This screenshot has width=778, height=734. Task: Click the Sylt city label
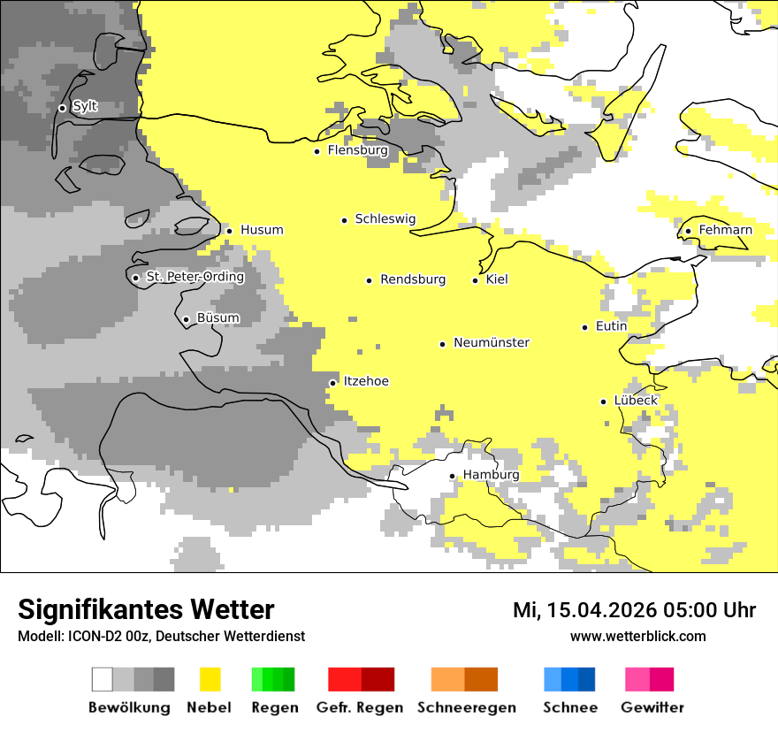[x=85, y=107]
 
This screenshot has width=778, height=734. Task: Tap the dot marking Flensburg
[x=317, y=151]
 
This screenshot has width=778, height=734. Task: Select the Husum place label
[x=262, y=230]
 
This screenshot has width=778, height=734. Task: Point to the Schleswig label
[x=385, y=219]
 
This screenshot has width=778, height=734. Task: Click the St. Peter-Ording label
[x=194, y=277]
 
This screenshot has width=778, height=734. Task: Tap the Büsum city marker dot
[x=186, y=319]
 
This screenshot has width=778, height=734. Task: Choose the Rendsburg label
[x=412, y=279]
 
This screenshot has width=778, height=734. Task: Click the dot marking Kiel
[x=475, y=280]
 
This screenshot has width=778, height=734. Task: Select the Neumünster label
[x=492, y=342]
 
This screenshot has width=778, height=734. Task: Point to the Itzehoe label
[x=366, y=381]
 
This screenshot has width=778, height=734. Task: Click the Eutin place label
[x=611, y=326]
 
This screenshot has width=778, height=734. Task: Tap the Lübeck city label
[x=636, y=401]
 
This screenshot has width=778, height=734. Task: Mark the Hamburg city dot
[x=452, y=476]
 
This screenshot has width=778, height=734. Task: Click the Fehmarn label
[x=725, y=230]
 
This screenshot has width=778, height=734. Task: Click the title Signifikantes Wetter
[x=146, y=609]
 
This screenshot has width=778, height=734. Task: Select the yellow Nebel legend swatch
[x=210, y=679]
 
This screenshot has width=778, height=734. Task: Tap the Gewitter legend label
[x=652, y=707]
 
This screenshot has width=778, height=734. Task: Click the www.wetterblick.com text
[x=637, y=636]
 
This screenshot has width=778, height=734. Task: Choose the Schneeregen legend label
[x=466, y=707]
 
